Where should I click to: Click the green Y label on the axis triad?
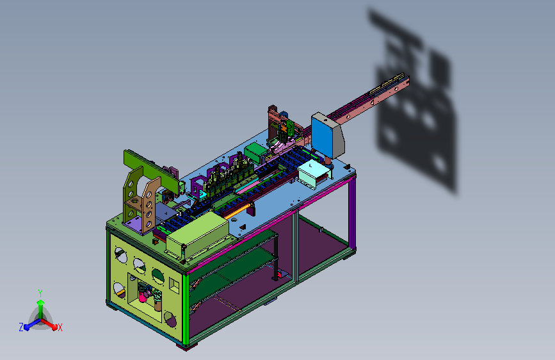click(40, 293)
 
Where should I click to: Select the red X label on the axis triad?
click(60, 327)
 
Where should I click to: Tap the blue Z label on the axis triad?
click(21, 327)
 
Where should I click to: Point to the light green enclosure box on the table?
click(198, 234)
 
